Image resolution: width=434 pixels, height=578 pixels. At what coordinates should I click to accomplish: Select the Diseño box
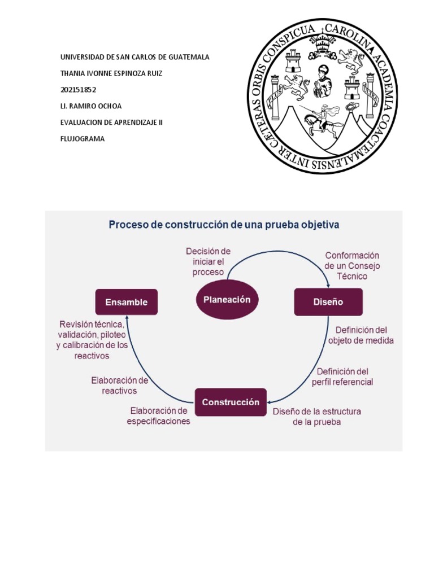point(328,302)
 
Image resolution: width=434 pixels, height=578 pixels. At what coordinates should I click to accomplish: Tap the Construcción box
point(231,402)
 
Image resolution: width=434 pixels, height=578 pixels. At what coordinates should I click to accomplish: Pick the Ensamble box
point(126,302)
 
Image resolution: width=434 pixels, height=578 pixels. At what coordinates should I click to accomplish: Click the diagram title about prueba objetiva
point(224,225)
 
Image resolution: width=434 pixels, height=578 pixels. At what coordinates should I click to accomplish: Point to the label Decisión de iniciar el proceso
point(208,261)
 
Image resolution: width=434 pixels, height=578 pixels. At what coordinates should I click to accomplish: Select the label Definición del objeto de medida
point(361,335)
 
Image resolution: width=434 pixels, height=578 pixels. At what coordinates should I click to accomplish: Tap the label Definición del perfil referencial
point(342,376)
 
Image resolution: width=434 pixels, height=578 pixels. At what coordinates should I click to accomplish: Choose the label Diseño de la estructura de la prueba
point(316,417)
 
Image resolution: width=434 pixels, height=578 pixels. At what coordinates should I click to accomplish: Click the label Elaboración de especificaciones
point(159,415)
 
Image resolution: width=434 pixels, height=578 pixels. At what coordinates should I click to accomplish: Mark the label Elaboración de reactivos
point(119,385)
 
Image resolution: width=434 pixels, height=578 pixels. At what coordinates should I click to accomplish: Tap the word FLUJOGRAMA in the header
point(83,138)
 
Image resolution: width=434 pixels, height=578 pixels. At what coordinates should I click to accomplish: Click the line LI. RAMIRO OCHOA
point(90,106)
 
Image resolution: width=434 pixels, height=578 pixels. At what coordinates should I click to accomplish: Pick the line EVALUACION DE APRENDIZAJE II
point(111,122)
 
